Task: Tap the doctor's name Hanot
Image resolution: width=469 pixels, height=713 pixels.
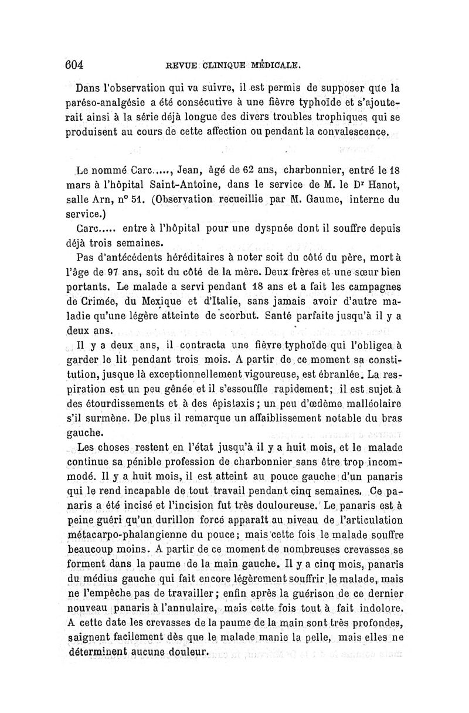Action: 382,185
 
